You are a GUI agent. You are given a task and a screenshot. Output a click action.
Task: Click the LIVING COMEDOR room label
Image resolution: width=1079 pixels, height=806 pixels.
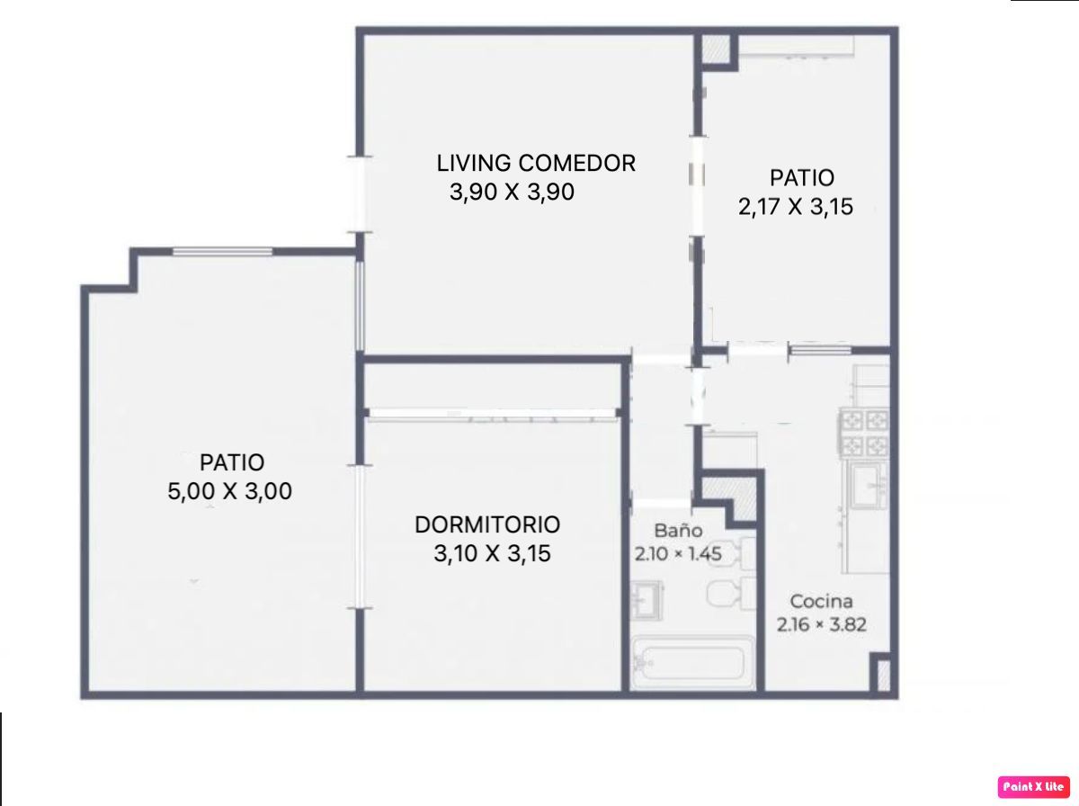point(536,163)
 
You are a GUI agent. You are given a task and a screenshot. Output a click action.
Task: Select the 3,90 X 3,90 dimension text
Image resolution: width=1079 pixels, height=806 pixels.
point(512,192)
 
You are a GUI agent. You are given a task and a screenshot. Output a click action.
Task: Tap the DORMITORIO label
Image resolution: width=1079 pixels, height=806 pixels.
point(487,524)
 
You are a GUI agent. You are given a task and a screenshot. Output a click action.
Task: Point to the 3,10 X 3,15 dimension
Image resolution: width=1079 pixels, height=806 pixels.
point(492,553)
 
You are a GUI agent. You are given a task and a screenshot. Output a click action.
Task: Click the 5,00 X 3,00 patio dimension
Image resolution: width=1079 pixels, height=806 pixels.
point(229,491)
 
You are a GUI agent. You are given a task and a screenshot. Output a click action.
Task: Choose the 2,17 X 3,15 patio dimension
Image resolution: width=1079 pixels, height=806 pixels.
point(796,207)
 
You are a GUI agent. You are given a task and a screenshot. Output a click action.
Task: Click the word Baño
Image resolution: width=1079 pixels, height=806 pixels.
point(678,530)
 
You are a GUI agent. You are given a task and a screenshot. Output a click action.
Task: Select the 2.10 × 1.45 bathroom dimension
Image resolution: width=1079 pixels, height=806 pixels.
point(678,554)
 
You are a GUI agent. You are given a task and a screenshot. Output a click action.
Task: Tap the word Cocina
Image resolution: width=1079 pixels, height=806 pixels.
point(822,601)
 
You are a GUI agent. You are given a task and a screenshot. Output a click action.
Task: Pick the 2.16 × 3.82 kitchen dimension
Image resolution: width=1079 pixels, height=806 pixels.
point(822,624)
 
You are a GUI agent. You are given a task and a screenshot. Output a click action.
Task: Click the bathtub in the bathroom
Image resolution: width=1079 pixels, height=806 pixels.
point(692,662)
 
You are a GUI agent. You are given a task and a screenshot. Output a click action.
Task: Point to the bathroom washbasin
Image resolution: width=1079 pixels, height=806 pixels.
point(646,600)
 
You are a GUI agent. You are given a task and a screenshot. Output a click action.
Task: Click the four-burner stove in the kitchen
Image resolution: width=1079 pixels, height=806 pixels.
point(865,433)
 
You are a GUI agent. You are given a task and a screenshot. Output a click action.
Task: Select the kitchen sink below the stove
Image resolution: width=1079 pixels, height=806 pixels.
point(868,486)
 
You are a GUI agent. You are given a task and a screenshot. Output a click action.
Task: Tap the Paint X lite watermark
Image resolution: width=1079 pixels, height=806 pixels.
point(1034,786)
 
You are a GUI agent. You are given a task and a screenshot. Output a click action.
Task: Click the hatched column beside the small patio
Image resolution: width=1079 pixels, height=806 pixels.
point(715,49)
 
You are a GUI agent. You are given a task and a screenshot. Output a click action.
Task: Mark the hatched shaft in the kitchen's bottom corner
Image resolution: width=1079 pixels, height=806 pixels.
point(883,676)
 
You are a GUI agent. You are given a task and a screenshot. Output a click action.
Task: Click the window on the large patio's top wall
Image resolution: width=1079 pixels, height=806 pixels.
point(223,252)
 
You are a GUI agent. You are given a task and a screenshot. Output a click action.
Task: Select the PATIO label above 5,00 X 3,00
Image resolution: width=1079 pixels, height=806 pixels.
point(232,462)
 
